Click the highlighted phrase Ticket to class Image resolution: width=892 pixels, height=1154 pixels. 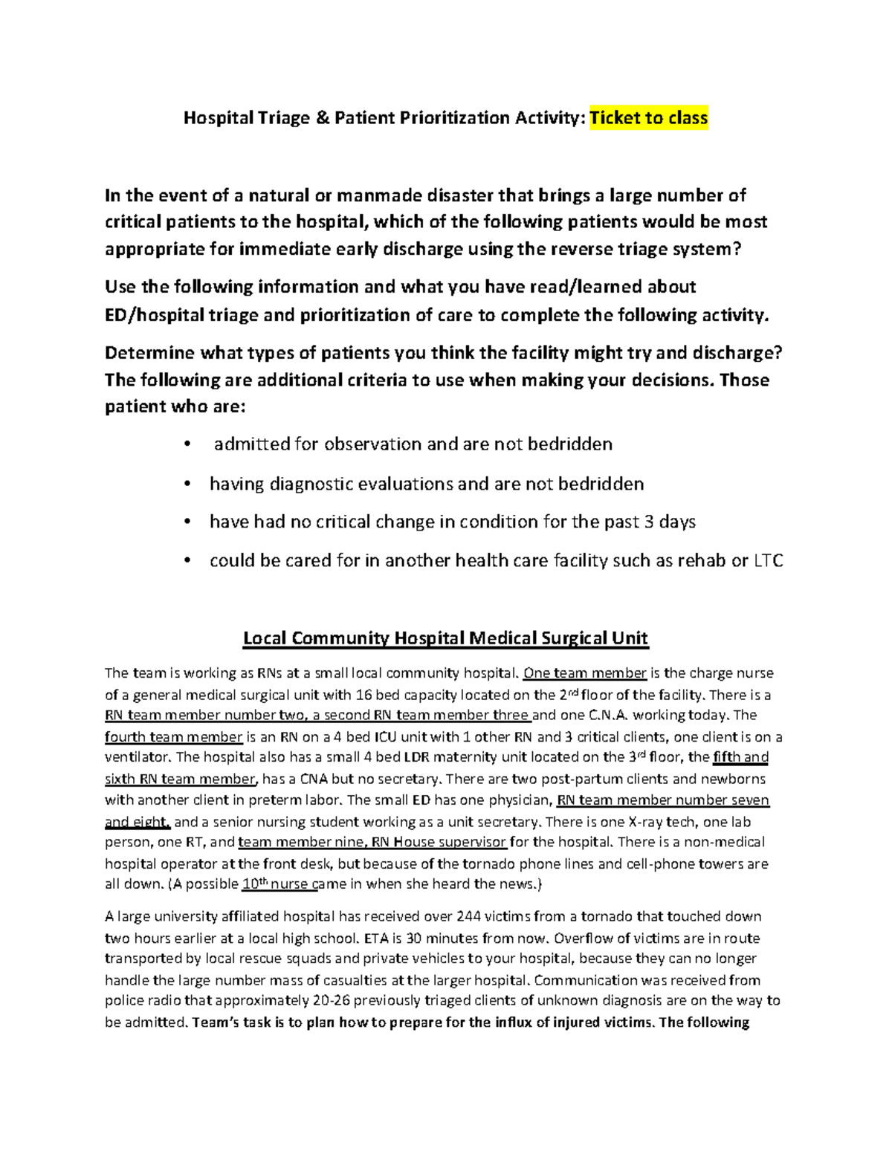648,118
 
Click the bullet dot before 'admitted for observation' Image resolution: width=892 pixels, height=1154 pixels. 187,445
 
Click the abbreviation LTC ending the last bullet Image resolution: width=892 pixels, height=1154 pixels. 769,561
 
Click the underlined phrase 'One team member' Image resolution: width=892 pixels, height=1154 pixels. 585,673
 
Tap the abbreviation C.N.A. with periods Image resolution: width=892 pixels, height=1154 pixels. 608,716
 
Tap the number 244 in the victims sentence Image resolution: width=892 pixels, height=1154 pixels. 468,916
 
